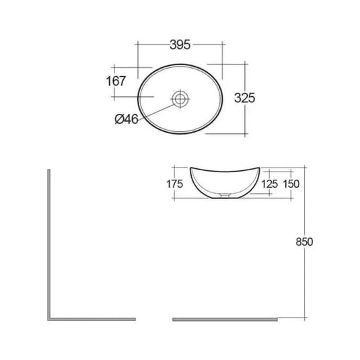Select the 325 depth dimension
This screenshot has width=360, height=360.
(x=245, y=98)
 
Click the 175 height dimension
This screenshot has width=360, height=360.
(x=174, y=182)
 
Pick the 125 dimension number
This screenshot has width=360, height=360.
(x=268, y=183)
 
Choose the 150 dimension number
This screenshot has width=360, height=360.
(x=291, y=183)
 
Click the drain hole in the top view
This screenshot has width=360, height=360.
(x=180, y=98)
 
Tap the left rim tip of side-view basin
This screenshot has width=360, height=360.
(x=191, y=167)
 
